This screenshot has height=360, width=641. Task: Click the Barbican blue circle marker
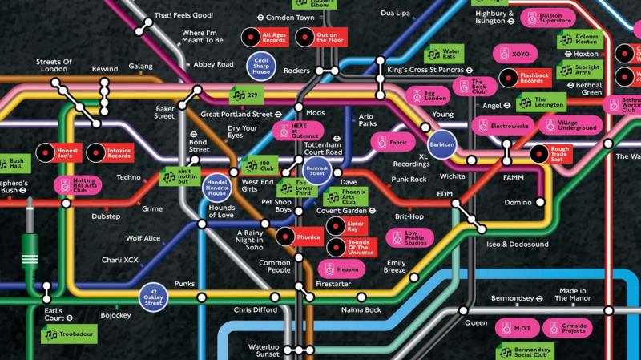pos(441,144)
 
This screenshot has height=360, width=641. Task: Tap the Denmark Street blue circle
pos(316,169)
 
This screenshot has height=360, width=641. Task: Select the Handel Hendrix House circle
pos(216,186)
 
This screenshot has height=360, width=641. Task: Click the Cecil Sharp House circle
pos(261,66)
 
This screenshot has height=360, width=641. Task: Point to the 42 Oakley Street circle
pos(154,296)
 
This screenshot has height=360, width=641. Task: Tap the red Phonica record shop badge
pos(300,236)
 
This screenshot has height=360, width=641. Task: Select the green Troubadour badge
pos(70,334)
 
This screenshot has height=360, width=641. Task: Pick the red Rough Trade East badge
pos(550,154)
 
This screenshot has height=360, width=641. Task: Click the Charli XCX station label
pos(122,260)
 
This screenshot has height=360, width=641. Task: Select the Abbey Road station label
pos(213,64)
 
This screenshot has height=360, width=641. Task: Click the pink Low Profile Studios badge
pos(409,238)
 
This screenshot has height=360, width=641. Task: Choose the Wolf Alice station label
pos(142,238)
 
